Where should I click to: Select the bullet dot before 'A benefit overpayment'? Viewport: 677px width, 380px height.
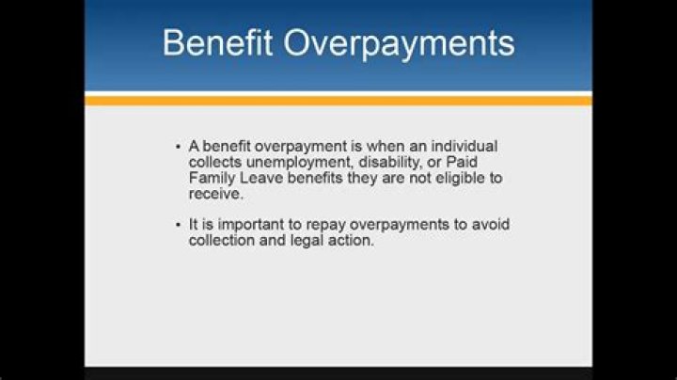pyautogui.click(x=178, y=148)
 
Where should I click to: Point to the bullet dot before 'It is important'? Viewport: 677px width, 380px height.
pyautogui.click(x=178, y=224)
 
